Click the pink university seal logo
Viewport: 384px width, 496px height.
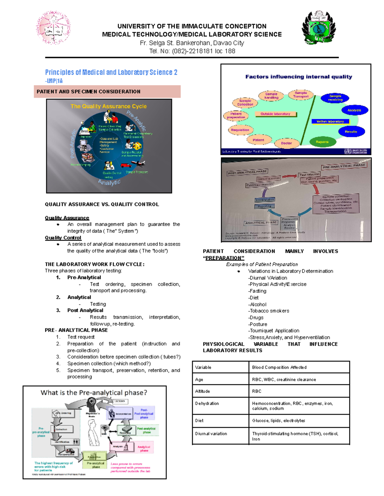tap(53, 28)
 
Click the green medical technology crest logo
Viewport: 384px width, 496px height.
tap(318, 28)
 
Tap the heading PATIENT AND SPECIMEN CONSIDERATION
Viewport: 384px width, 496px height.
tap(89, 92)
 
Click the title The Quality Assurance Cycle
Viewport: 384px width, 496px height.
tap(108, 106)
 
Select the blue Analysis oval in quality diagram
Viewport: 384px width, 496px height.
tap(354, 110)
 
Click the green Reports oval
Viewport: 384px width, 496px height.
tap(322, 142)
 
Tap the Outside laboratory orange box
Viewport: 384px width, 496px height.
tap(276, 114)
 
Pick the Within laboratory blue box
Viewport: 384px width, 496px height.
tap(330, 121)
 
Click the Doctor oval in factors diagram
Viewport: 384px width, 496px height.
tap(286, 143)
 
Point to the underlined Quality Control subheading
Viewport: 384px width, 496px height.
tap(63, 238)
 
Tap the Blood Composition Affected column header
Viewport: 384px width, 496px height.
tap(279, 367)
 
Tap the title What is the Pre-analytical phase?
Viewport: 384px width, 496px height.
tap(94, 393)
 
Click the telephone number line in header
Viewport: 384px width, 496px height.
tap(192, 51)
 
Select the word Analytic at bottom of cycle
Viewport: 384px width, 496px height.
tap(109, 182)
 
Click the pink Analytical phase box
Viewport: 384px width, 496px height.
tap(144, 448)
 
